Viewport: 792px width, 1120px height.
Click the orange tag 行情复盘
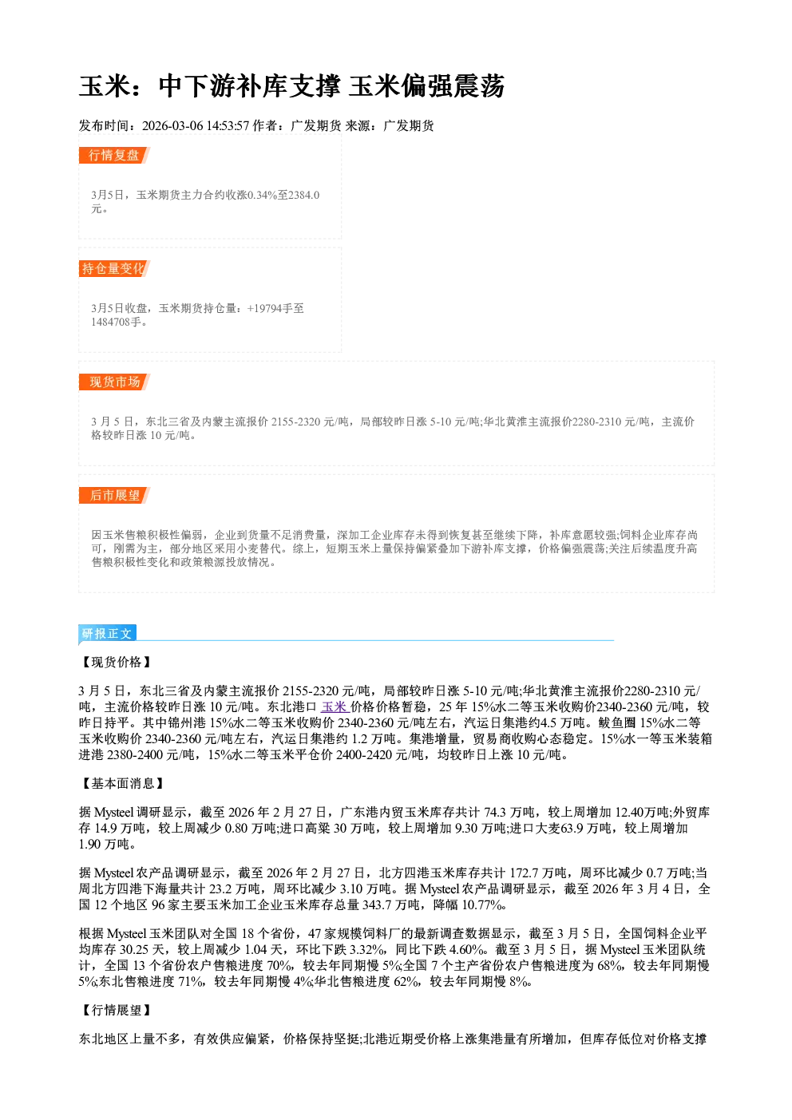click(114, 155)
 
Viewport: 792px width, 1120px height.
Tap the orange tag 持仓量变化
click(114, 268)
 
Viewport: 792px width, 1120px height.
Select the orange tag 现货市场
click(114, 382)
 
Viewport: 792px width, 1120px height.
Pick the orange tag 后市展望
click(114, 496)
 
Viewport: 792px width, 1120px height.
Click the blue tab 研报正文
click(107, 634)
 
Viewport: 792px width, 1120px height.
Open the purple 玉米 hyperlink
click(334, 706)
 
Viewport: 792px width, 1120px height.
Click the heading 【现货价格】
click(116, 662)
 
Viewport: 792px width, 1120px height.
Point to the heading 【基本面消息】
click(122, 783)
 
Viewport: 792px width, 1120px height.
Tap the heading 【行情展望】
click(116, 1010)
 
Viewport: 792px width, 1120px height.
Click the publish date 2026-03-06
click(172, 125)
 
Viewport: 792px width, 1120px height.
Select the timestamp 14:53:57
click(228, 125)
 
